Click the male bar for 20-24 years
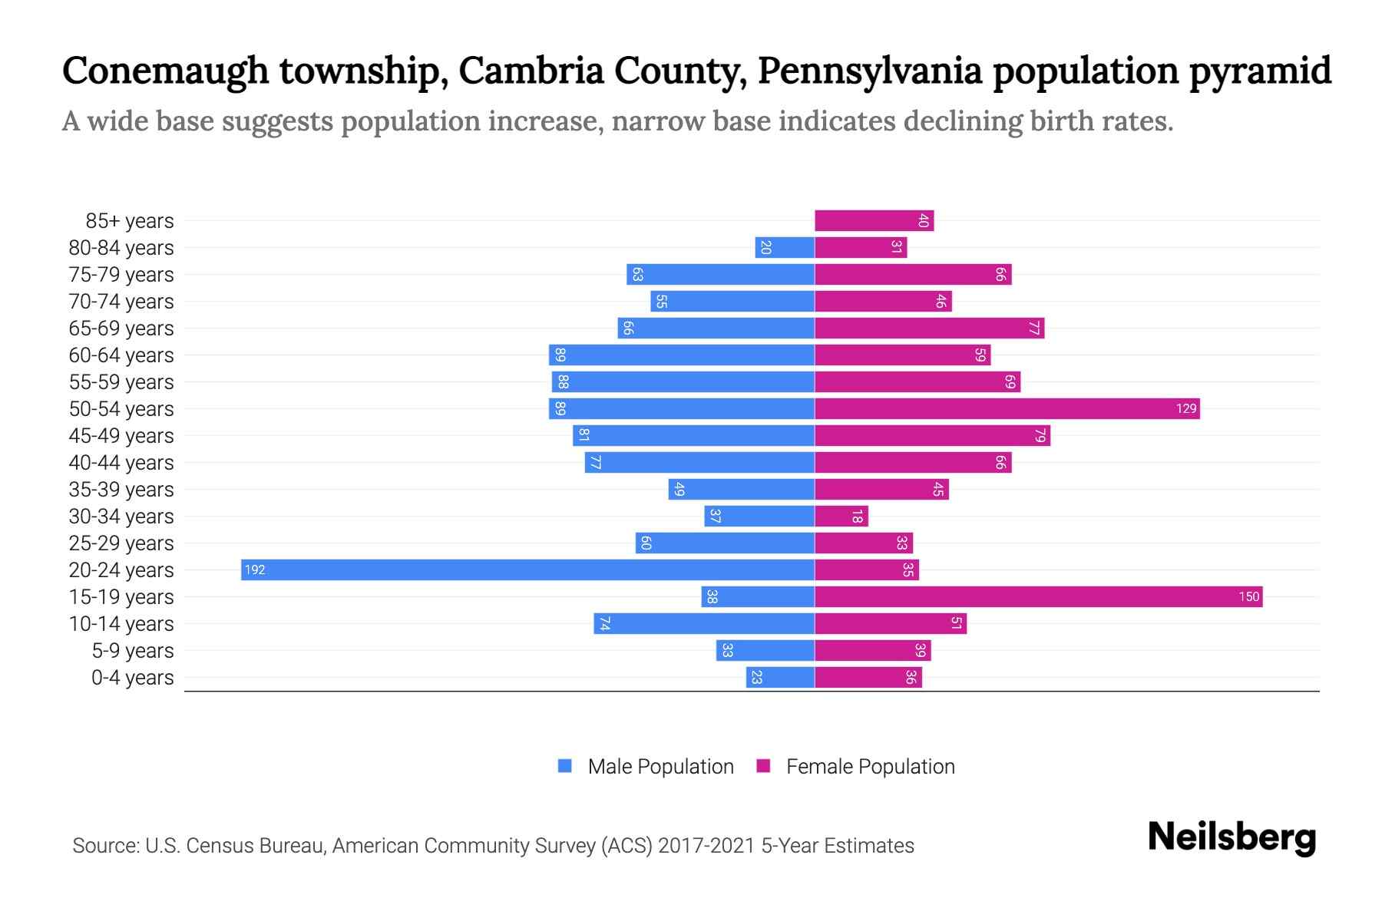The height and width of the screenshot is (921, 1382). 527,569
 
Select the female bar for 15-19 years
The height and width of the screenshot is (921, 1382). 1038,596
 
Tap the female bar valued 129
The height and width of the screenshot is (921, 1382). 1007,408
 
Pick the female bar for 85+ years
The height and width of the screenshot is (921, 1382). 874,220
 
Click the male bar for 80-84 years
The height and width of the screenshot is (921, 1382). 785,247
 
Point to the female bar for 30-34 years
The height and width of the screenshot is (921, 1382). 841,516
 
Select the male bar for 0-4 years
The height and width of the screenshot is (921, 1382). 780,677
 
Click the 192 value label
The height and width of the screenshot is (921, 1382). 255,569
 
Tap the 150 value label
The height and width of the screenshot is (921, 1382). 1248,596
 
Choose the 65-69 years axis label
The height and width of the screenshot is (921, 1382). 121,328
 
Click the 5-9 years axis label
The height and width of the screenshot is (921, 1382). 133,651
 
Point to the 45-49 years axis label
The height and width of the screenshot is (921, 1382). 121,436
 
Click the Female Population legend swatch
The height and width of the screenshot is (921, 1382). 763,766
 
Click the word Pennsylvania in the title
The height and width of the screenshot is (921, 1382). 870,71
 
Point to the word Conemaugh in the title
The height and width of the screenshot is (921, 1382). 165,71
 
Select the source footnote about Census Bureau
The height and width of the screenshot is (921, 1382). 493,845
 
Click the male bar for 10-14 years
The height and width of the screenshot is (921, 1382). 703,623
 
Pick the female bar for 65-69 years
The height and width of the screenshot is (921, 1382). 929,328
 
